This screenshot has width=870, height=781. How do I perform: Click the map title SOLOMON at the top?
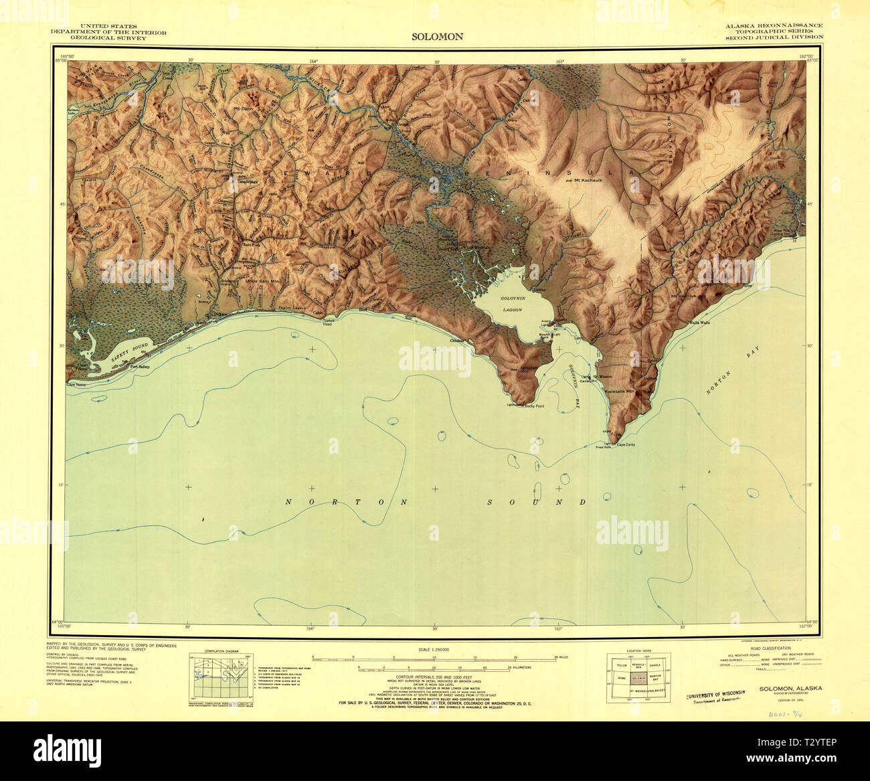tap(437, 37)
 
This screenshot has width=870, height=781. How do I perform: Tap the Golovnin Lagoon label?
tap(512, 306)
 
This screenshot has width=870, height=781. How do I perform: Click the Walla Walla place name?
tap(699, 323)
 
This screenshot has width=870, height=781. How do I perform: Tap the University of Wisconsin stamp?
tap(715, 696)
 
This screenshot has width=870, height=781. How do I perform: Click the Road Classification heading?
tap(772, 648)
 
